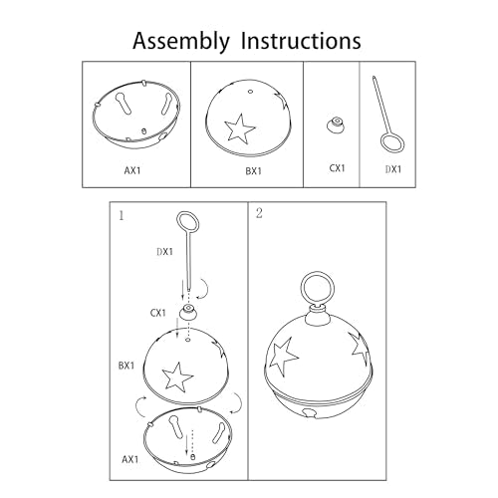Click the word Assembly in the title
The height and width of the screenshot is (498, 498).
[181, 42]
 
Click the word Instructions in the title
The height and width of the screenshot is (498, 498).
[301, 41]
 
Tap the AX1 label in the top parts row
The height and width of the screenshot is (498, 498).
[132, 170]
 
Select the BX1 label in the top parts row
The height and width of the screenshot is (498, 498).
[253, 171]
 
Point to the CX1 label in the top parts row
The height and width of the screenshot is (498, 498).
[337, 168]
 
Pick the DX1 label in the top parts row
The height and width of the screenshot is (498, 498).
[393, 169]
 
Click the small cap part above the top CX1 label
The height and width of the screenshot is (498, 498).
[337, 125]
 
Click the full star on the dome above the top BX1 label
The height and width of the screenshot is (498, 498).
[240, 128]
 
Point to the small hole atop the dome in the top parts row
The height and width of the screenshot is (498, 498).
[251, 92]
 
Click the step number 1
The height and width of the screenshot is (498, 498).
[122, 216]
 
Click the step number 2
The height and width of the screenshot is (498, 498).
[259, 213]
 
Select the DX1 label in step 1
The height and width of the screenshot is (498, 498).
[165, 252]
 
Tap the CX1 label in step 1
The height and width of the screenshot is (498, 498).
[157, 313]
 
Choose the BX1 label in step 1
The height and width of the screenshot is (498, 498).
[126, 366]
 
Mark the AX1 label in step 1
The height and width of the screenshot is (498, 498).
[129, 459]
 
